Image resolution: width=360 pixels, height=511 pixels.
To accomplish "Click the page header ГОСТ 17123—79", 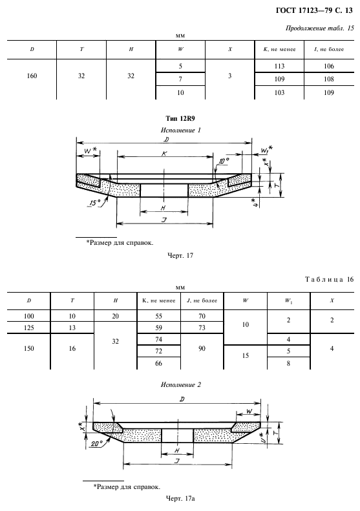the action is coord(303,10).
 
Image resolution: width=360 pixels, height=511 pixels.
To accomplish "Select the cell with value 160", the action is coord(32,76).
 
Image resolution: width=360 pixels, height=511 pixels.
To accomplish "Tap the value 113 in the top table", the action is coord(279,66).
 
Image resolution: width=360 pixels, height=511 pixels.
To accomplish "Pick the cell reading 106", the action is coord(329,66).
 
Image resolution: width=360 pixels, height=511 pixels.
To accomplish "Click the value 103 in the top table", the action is coord(279,92).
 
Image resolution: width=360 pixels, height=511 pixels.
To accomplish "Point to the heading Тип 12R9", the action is coord(180,119).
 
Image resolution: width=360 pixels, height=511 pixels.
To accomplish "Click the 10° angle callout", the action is coord(224,161).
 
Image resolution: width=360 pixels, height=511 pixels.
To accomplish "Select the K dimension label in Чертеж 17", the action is coord(165,153).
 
